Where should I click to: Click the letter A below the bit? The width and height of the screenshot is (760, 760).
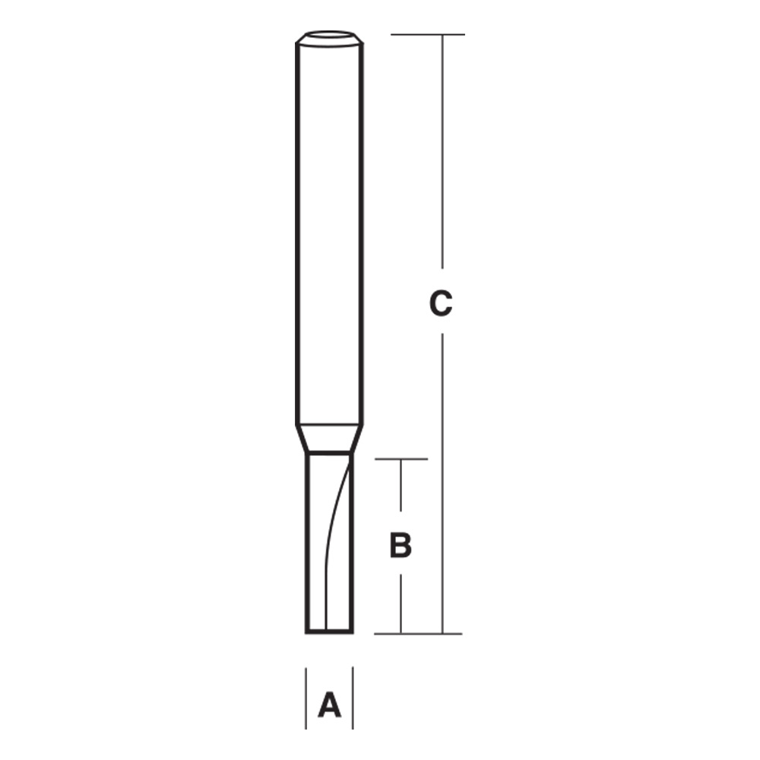[x=329, y=705]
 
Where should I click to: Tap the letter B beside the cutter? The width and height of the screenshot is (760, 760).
[x=401, y=545]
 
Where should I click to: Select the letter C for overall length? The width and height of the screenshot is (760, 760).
[x=441, y=303]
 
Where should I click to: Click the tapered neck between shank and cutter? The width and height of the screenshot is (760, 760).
[x=328, y=438]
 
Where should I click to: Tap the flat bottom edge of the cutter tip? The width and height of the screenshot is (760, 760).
[x=329, y=632]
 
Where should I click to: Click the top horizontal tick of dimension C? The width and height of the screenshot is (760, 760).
[x=427, y=34]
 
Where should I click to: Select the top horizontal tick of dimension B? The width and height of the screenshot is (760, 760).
[x=402, y=459]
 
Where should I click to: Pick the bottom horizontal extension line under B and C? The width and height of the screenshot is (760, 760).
[x=418, y=633]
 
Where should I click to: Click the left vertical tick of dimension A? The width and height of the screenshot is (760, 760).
[x=306, y=698]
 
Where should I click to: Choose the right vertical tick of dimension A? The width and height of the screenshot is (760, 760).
[x=353, y=698]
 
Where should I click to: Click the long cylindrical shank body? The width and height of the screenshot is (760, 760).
[x=328, y=228]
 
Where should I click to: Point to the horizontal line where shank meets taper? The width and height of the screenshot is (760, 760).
[x=328, y=424]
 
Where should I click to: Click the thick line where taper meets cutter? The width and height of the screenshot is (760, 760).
[x=328, y=453]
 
